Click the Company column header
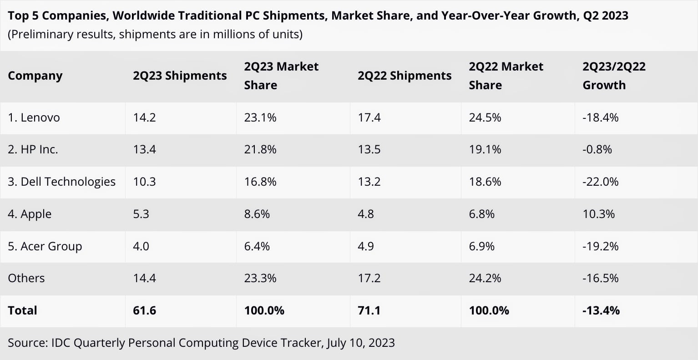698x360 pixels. coord(35,76)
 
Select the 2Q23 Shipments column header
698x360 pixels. coord(180,76)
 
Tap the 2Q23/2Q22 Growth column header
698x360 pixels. coord(614,76)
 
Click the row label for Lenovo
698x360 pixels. coord(34,117)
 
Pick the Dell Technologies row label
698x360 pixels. coord(61,182)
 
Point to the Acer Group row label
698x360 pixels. coord(45,246)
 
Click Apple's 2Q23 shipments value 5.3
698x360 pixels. coord(141,214)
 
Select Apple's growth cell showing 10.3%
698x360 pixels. coord(598,214)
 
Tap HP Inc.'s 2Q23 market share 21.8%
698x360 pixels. coord(260,149)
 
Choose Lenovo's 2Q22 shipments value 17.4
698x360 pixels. coord(369,117)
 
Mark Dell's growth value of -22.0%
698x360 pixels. coord(600,182)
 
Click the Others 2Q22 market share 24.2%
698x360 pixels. coord(485,278)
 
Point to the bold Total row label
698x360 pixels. coord(22,310)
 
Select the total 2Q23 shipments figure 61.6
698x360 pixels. coord(145,310)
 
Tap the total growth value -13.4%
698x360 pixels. coord(601,310)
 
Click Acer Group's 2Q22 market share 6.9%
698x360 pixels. coord(482,246)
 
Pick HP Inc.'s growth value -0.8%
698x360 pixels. coord(597,149)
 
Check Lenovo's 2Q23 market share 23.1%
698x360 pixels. coord(260,117)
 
